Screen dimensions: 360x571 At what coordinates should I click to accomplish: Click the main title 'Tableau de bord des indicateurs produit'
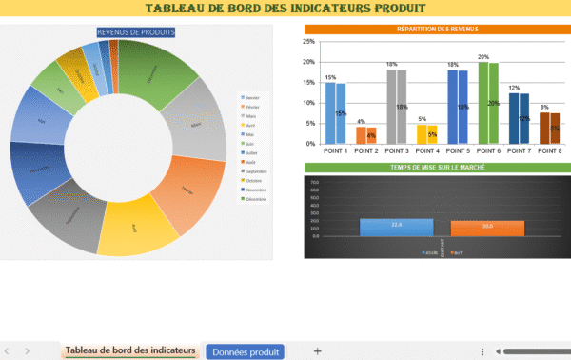point(285,10)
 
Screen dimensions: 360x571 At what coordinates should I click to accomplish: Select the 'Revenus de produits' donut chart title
point(135,32)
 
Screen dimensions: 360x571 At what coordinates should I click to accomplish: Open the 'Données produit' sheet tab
point(245,350)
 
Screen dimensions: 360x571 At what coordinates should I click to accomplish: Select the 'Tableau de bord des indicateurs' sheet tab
point(130,350)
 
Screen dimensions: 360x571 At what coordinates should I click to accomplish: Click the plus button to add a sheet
point(317,350)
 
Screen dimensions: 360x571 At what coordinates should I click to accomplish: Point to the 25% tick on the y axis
point(309,42)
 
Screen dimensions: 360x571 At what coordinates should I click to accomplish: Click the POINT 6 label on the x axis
point(488,152)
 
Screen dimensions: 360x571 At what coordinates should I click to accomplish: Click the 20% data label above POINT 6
point(483,57)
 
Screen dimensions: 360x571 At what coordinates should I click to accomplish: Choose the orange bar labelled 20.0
point(487,227)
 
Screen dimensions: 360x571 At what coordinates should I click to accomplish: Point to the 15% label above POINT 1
point(330,77)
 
